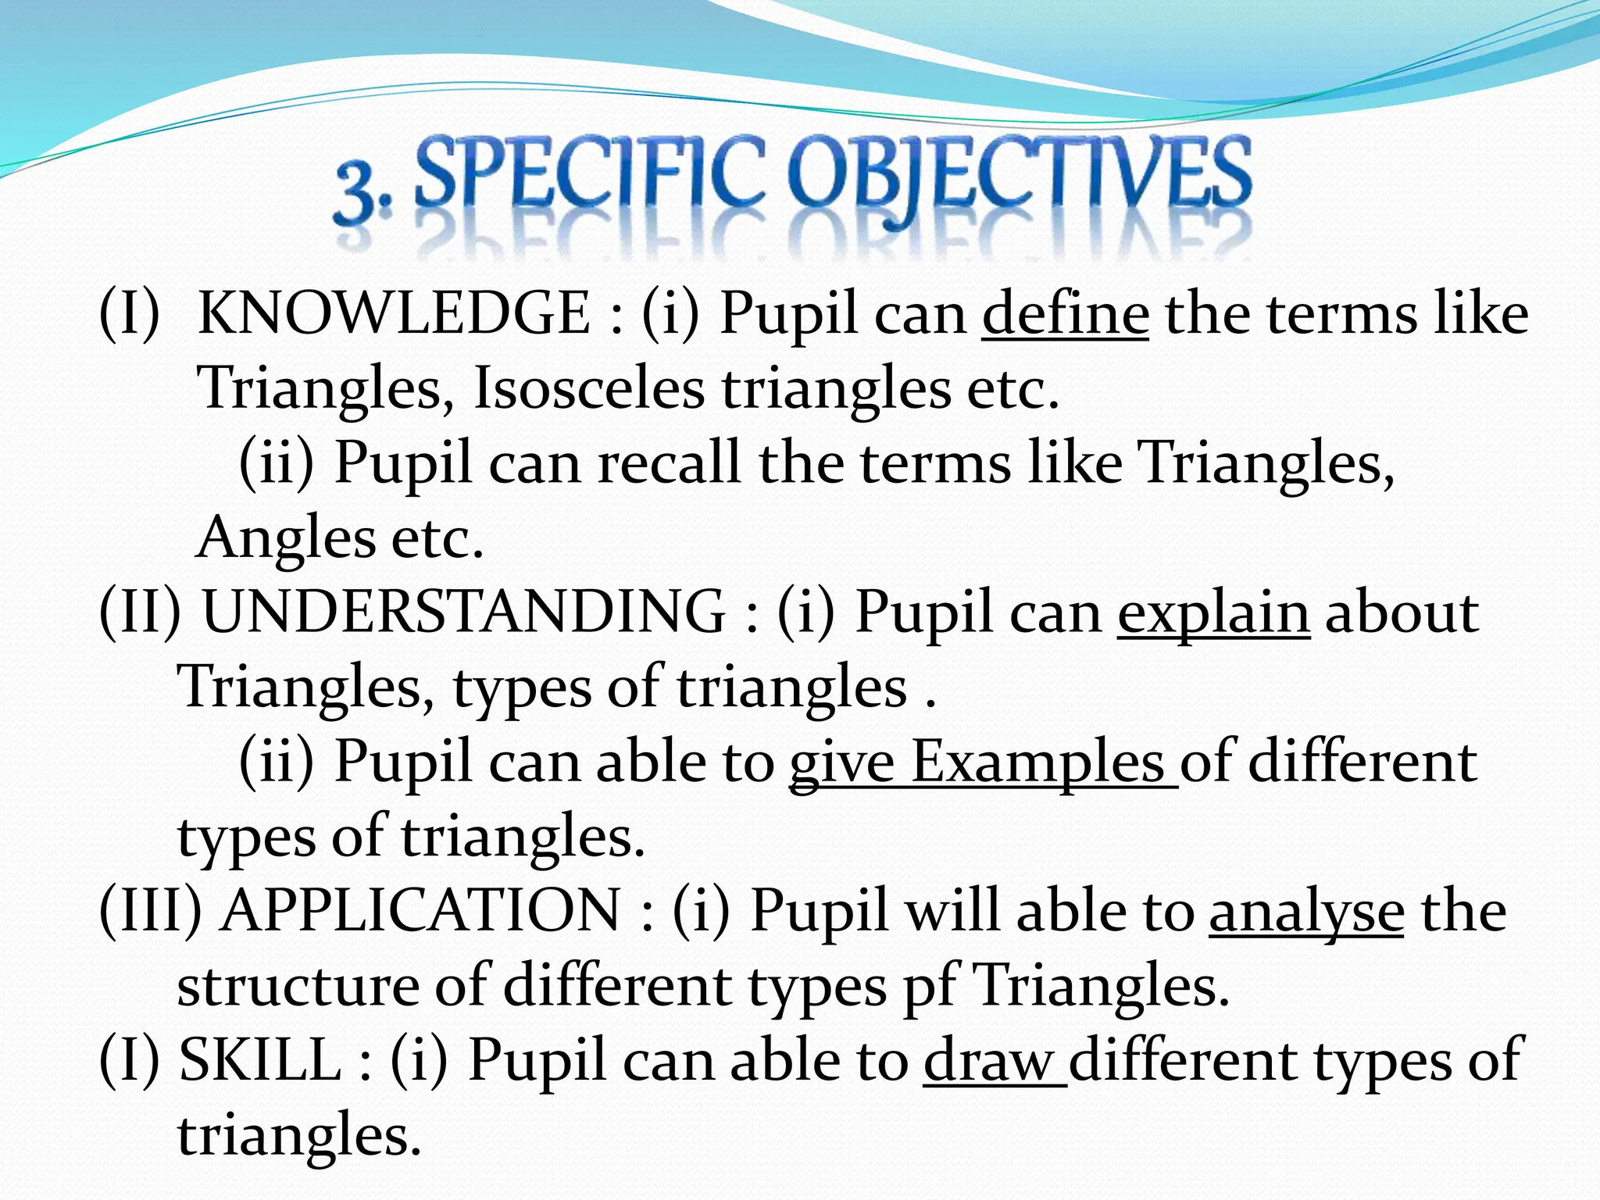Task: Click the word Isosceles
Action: click(588, 388)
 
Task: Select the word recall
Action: click(669, 462)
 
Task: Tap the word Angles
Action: click(285, 539)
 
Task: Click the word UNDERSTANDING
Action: click(463, 612)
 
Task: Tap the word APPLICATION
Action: click(420, 911)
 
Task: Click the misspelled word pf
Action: click(930, 987)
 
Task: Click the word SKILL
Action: click(259, 1060)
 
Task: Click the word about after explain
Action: click(1402, 612)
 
